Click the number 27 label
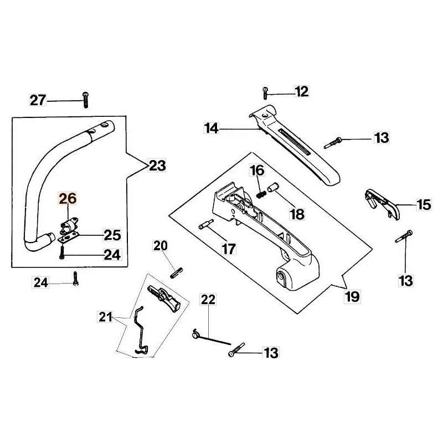[x=38, y=100]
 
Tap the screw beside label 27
[x=85, y=100]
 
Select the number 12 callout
[x=301, y=91]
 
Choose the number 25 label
[x=112, y=235]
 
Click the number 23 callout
[x=157, y=165]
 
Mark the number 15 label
[x=423, y=205]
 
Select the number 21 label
[x=105, y=317]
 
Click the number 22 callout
[x=208, y=300]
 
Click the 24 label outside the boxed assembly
[x=40, y=283]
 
